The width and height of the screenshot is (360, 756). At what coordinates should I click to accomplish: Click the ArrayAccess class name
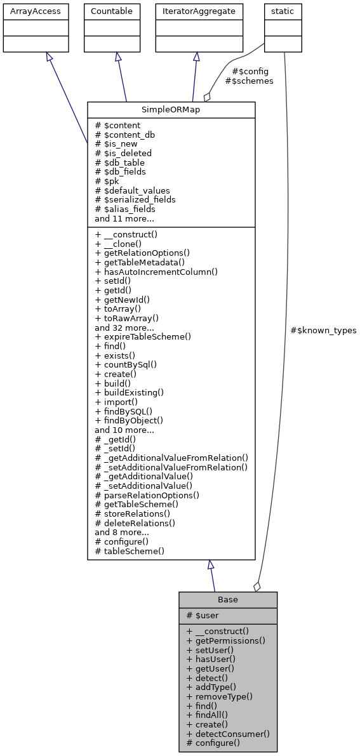tap(31, 11)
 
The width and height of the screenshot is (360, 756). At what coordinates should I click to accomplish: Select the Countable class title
tap(112, 11)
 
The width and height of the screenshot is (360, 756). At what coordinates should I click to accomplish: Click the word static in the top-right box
tap(283, 11)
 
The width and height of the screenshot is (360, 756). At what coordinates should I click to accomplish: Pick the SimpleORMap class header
tap(171, 110)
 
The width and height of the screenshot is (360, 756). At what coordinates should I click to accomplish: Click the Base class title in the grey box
tap(227, 600)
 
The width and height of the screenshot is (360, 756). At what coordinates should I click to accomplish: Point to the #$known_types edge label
tap(323, 331)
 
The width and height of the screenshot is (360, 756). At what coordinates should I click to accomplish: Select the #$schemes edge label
tap(249, 81)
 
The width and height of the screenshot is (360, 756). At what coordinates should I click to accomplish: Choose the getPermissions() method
tap(225, 640)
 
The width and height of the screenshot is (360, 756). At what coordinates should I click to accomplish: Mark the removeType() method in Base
tap(220, 696)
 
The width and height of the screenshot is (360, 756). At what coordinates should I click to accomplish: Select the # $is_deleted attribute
tap(123, 153)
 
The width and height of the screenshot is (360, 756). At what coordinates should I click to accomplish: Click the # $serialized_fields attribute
tap(135, 199)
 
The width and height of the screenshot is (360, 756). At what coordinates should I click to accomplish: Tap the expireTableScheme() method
tap(143, 336)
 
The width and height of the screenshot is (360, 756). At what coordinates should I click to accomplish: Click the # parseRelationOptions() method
tap(147, 495)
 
